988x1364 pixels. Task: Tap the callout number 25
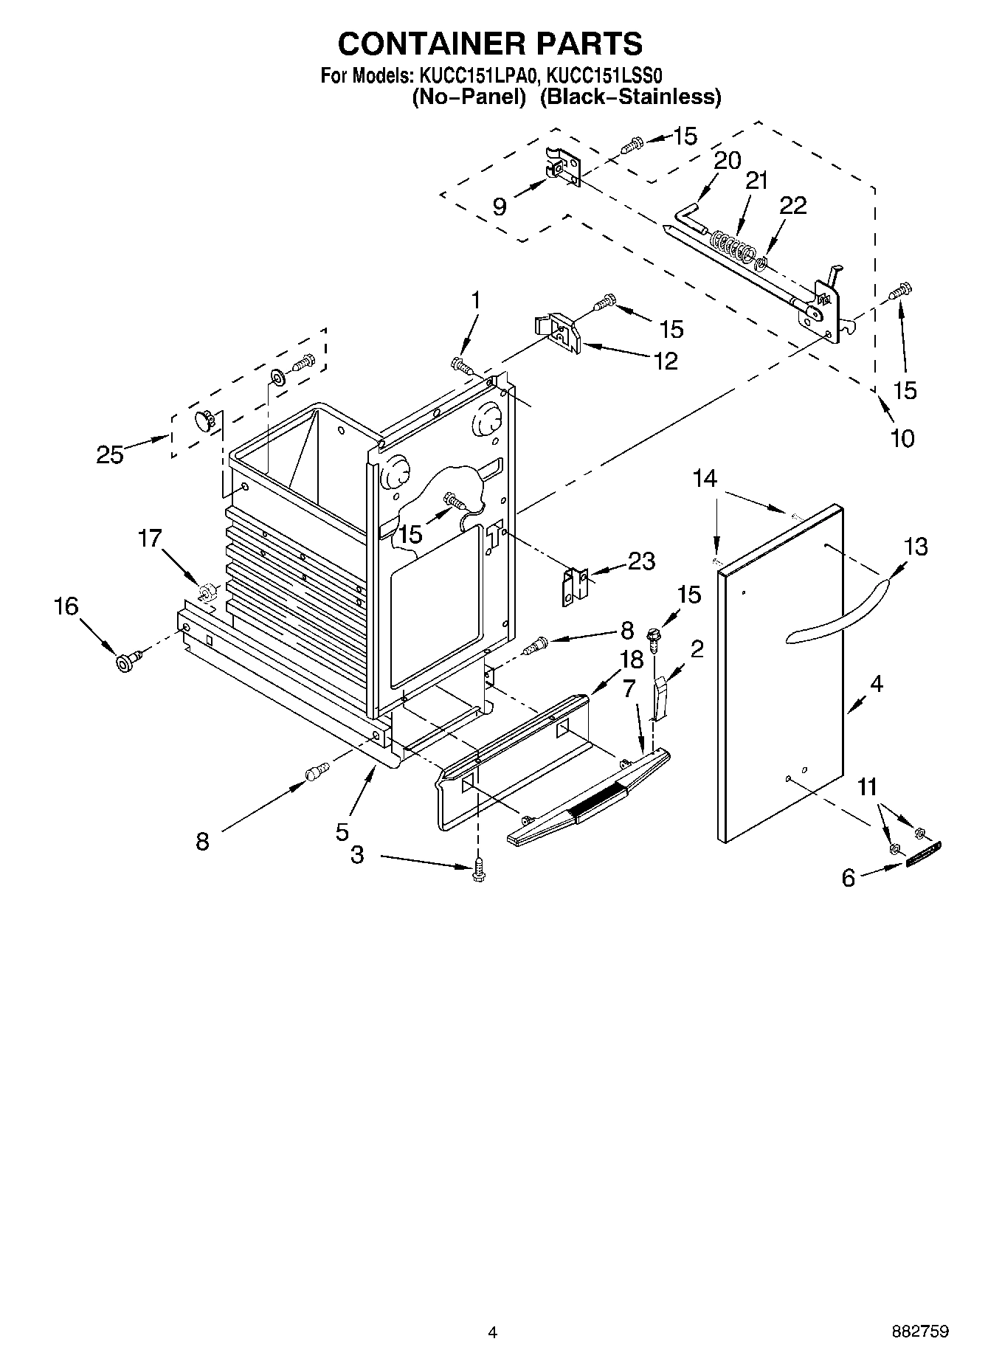110,454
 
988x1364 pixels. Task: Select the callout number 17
150,539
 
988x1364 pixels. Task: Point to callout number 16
66,606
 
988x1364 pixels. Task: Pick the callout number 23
640,561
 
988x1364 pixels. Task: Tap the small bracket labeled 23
575,586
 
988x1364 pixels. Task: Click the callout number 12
666,361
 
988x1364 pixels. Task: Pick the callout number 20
727,160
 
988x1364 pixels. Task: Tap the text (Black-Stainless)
629,97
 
